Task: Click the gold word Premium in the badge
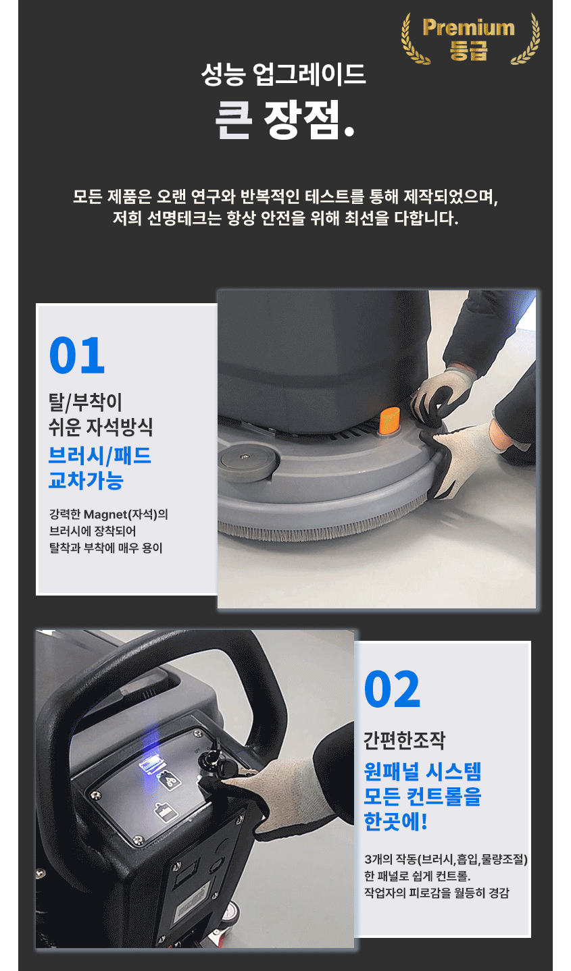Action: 468,28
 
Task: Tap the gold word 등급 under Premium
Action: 468,50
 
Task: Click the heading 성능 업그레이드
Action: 283,74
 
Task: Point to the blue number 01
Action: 77,355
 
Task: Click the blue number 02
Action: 392,689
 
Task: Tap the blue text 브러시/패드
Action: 100,456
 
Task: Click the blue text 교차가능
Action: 86,480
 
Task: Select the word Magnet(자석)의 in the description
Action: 126,515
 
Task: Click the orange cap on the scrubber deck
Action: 389,420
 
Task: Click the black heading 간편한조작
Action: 404,740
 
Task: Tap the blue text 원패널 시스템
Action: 422,771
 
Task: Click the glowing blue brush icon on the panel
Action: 151,766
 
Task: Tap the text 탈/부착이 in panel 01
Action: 85,402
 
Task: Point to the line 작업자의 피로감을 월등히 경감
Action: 437,893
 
